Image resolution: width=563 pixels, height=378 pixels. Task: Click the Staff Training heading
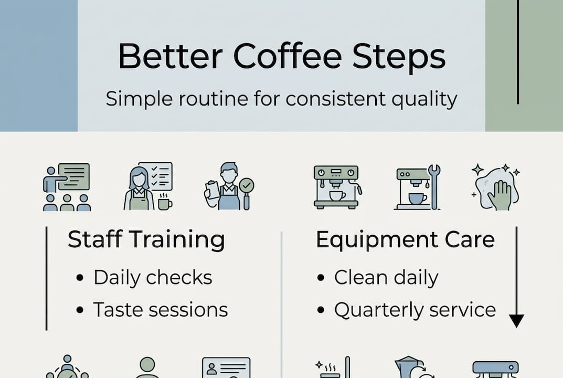coord(146,240)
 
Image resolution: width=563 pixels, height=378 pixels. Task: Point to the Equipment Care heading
coord(405,240)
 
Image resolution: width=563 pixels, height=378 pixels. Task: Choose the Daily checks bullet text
coord(153,277)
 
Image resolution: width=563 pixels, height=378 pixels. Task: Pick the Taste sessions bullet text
coord(161,309)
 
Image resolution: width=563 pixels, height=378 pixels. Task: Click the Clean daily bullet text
coord(386,277)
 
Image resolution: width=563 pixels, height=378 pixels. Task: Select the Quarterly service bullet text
coord(415,309)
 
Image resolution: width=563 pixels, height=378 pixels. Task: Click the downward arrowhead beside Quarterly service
coord(517,321)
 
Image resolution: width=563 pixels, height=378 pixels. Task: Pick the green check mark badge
coord(246,185)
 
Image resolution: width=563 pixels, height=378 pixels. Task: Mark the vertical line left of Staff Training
coord(47,278)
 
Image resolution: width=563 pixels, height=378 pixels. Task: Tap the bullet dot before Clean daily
coord(321,278)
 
